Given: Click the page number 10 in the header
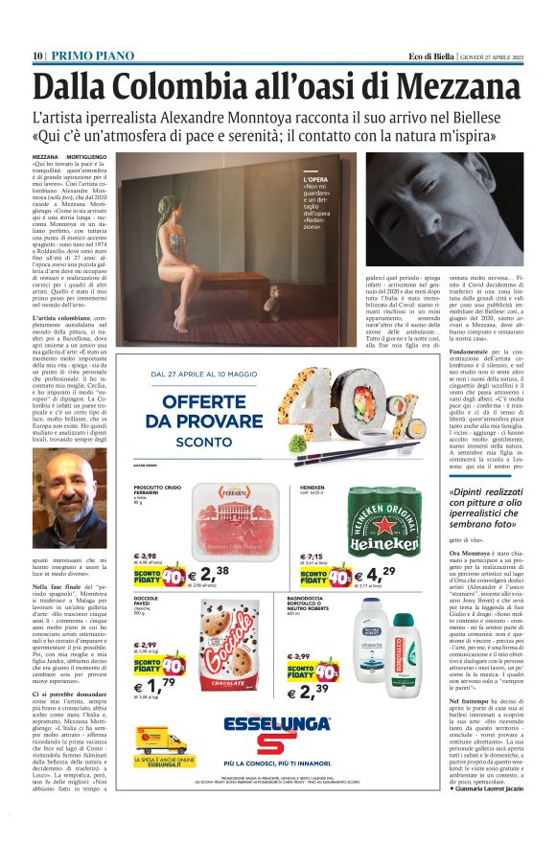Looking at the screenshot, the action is tap(37, 56).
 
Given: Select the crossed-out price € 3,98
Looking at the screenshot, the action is tap(145, 556).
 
